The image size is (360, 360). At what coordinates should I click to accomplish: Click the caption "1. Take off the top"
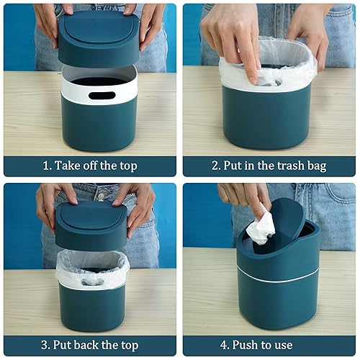pos(89,166)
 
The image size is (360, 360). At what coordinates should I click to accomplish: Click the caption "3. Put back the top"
pos(89,345)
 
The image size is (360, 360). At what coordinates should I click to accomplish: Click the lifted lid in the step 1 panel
pos(98,40)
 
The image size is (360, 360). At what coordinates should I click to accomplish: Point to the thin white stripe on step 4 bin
pos(277,275)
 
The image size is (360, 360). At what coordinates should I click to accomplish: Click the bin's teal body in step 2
pos(266,119)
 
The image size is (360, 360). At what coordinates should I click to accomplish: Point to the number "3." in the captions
pos(44,345)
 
